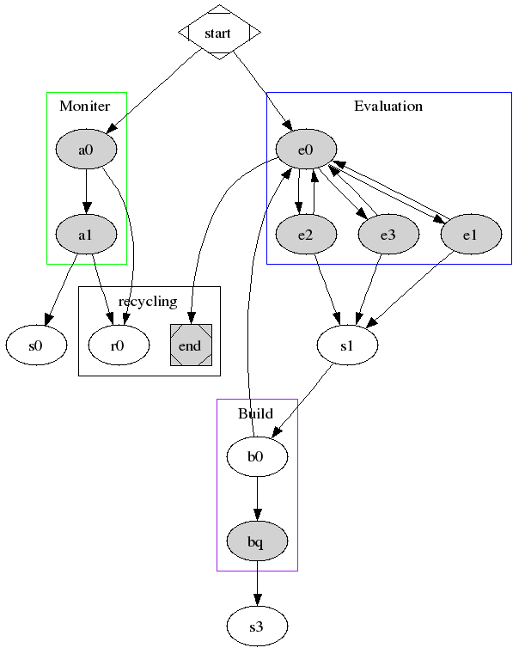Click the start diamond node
click(x=219, y=33)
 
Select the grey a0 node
click(x=85, y=150)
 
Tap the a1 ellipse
click(x=85, y=233)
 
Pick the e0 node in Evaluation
click(x=305, y=150)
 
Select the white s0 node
click(x=36, y=345)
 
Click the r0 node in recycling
click(x=119, y=345)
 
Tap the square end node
click(x=190, y=345)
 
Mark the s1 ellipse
click(x=347, y=345)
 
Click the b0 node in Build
click(x=256, y=456)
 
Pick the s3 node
click(x=256, y=627)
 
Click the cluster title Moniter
click(x=84, y=107)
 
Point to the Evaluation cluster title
click(x=388, y=107)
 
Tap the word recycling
click(x=148, y=301)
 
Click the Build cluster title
click(x=255, y=413)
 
